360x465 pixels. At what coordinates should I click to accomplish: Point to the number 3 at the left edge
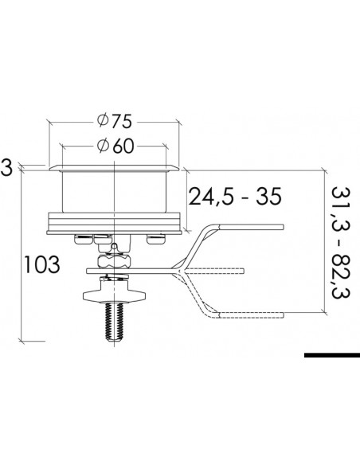[6, 169]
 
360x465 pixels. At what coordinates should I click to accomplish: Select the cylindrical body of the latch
[115, 191]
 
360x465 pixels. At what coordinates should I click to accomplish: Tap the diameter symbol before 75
[101, 123]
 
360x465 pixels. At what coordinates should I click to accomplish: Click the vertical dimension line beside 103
[22, 255]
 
